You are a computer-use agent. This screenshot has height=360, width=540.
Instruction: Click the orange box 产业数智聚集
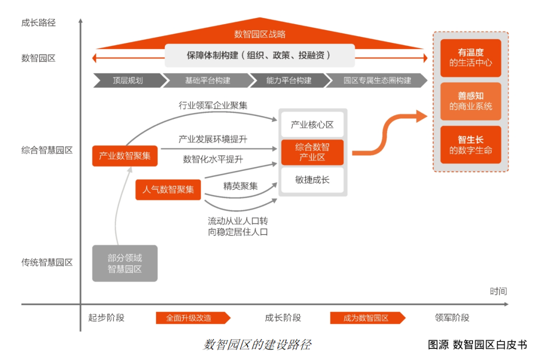coord(124,156)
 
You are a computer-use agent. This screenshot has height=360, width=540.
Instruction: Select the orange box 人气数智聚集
coord(168,189)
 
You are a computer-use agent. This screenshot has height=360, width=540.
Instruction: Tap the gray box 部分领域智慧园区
coord(124,263)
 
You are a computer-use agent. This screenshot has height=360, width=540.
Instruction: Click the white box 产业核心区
coord(312,124)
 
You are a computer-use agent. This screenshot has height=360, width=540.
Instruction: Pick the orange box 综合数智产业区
coord(312,152)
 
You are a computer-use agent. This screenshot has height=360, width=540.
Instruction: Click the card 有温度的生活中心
coord(470,58)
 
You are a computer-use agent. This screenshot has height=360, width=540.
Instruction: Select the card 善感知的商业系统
coord(470,101)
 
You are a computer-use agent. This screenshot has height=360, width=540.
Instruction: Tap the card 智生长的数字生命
coord(470,145)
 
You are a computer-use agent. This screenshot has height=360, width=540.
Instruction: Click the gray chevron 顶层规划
coord(127,80)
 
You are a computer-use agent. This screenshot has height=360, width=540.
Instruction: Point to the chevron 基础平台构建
coord(207,80)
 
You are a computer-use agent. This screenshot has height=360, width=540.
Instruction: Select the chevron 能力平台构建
coord(289,80)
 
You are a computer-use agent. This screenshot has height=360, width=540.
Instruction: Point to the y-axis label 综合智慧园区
coord(47,150)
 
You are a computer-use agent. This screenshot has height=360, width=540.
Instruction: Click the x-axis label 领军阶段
coord(452,318)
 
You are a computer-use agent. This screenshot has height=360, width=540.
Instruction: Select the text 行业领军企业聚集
coord(213,105)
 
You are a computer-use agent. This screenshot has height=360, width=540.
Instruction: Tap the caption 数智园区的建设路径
coord(257,344)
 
